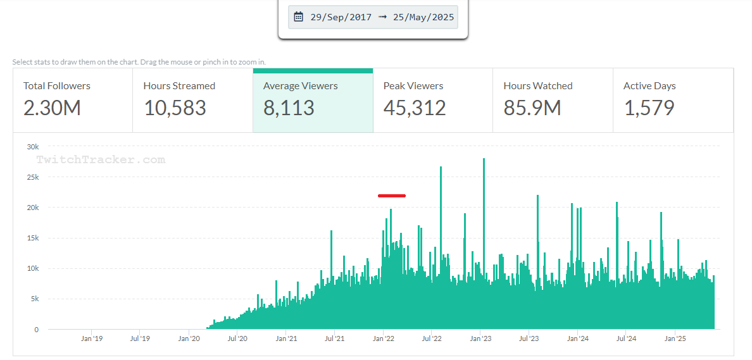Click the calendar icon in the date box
[x=299, y=17]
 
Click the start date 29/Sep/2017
[x=341, y=17]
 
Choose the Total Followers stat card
[x=72, y=100]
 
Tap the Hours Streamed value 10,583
[x=175, y=108]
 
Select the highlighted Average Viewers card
[x=313, y=100]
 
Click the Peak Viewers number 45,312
[x=415, y=108]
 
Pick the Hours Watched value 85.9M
[x=532, y=108]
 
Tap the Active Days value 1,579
[x=649, y=108]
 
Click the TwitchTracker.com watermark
[x=101, y=160]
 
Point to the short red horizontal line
[x=392, y=196]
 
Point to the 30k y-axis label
[x=32, y=147]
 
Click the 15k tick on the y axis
[x=32, y=239]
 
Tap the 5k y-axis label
[x=34, y=299]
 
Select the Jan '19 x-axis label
[x=91, y=339]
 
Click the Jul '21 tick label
[x=334, y=339]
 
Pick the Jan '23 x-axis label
[x=480, y=339]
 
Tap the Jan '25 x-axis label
[x=675, y=339]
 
